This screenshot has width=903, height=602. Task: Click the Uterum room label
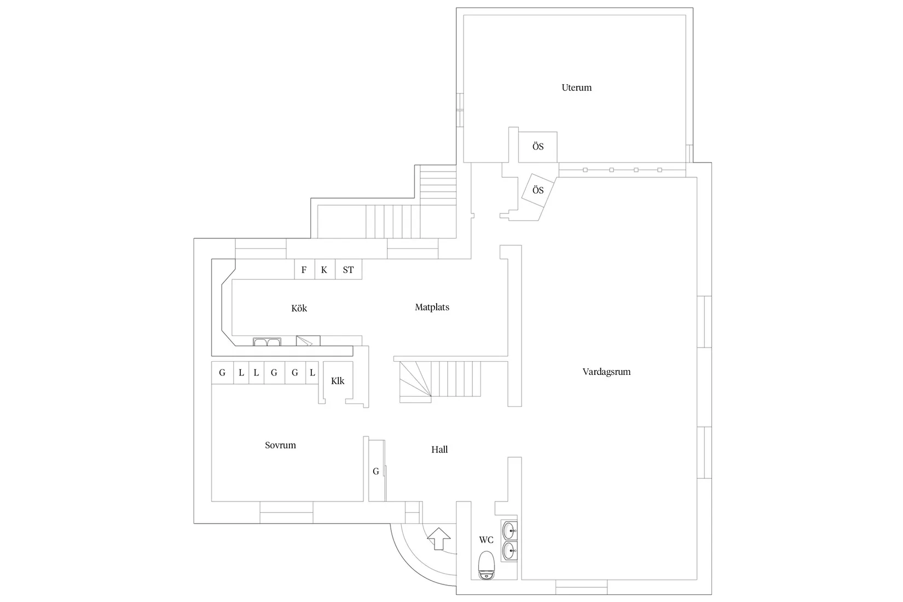coord(576,88)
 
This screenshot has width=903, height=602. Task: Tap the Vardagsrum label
coord(606,372)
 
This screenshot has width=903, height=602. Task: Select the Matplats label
coord(432,308)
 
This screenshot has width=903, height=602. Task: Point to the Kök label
coord(299,309)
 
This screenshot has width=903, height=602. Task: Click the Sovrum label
coord(280,445)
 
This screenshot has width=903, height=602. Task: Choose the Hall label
coord(439,450)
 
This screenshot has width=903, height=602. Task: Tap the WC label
coord(486,540)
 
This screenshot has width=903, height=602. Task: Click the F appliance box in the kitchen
coord(304,270)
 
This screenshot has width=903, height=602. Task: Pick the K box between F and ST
coord(325,270)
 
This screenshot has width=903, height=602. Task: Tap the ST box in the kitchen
coord(348,270)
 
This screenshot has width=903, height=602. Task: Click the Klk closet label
coord(338,381)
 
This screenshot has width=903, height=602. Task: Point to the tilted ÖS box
coord(538,190)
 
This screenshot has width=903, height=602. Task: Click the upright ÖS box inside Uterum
coord(537,147)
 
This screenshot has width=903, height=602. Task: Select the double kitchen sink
coord(267,342)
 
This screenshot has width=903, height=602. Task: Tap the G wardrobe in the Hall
coord(376,471)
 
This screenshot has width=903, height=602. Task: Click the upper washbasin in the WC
coord(509,530)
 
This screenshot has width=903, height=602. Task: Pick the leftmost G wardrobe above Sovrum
coord(222,373)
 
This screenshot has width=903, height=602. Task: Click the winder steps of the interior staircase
coord(415,381)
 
